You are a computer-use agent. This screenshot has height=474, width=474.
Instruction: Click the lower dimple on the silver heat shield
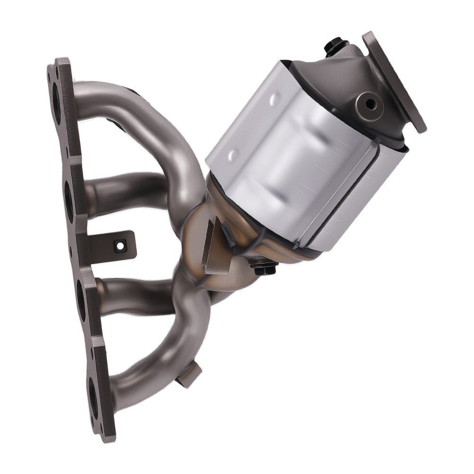click(233, 155)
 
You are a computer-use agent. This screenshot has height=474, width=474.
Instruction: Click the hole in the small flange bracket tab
click(119, 246)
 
